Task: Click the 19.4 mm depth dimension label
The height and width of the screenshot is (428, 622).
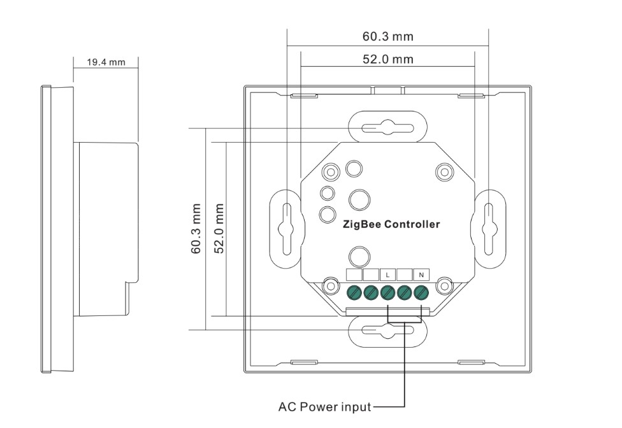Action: click(106, 62)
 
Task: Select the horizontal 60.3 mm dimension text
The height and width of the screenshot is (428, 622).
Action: click(387, 36)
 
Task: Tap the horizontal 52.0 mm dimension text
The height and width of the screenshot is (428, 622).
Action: click(387, 59)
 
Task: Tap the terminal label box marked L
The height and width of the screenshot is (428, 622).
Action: click(387, 275)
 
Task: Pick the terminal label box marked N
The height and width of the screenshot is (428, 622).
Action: click(421, 275)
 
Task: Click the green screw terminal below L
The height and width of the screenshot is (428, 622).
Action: click(387, 293)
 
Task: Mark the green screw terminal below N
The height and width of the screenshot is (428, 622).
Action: click(421, 293)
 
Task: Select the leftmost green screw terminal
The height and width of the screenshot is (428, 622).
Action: click(354, 293)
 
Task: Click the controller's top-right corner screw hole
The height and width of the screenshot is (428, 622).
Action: click(444, 172)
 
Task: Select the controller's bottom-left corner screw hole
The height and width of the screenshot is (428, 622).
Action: click(330, 286)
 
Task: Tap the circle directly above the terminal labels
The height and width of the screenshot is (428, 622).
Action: click(359, 257)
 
